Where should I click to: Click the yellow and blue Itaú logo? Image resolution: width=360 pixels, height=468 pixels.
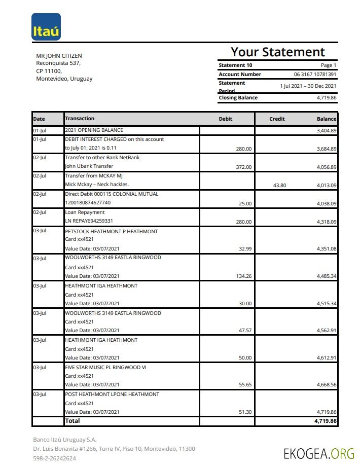coord(46,27)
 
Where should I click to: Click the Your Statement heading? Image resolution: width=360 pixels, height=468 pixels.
coord(277,52)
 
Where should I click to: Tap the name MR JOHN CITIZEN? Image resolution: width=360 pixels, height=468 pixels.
coord(59,56)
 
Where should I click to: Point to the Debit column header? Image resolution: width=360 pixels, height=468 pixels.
coord(225,119)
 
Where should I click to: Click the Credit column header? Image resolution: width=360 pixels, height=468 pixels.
coord(277,119)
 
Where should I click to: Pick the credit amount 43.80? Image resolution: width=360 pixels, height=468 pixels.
coord(279,186)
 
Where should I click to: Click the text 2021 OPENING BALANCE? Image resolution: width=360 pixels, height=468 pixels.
coord(94,130)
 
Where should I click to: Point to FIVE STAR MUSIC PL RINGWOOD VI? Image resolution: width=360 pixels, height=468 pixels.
coord(105,367)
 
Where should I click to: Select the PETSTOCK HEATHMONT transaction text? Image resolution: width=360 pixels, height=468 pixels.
coord(111,231)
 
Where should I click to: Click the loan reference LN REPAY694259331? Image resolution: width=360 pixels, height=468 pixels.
coord(89,222)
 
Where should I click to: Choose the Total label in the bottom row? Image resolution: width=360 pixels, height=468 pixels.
coord(72,421)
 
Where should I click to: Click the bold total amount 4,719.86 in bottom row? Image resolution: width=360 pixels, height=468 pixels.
coord(326,421)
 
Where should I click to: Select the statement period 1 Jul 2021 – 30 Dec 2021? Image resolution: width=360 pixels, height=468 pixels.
coord(308,86)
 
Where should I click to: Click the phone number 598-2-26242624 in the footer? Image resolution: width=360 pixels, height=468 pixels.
coord(54,458)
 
